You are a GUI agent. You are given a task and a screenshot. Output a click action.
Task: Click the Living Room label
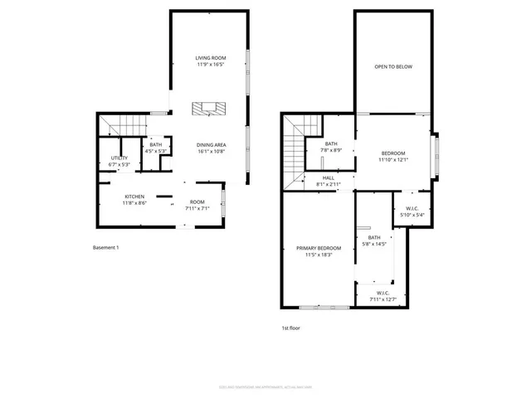tap(211, 57)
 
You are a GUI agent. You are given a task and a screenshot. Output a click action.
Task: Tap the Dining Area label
tap(212, 144)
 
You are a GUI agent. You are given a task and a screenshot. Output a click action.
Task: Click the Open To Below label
tap(392, 66)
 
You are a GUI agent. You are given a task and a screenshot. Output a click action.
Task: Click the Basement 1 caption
tap(105, 247)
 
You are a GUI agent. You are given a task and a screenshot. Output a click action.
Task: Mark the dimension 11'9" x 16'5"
tap(211, 64)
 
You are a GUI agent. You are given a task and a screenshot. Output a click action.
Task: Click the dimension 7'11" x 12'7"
tap(383, 298)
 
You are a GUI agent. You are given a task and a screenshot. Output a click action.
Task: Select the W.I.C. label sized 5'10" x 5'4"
tap(412, 208)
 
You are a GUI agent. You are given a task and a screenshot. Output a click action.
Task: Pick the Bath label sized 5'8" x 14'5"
tap(374, 238)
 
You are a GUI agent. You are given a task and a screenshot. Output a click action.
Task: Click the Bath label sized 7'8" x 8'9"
tap(331, 143)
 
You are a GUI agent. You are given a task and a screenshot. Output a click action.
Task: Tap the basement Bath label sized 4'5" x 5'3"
tap(156, 144)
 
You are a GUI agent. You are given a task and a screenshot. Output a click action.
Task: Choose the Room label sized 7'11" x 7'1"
tap(197, 202)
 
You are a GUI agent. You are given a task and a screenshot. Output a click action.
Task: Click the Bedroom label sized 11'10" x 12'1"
tap(393, 153)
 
